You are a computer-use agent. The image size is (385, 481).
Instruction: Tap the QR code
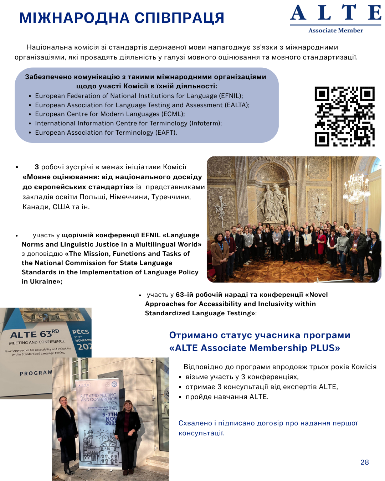344,116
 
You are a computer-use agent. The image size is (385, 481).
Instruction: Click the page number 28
364,462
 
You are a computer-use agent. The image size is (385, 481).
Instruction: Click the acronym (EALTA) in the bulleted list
237,105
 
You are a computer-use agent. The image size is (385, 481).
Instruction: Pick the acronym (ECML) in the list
173,114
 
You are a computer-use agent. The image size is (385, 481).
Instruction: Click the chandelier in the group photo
355,189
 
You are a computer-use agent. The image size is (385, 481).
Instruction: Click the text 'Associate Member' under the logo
335,31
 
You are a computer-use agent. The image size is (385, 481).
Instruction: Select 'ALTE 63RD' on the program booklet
35,334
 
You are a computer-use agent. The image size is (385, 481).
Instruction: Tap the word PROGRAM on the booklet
36,373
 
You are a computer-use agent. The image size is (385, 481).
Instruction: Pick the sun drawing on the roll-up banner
102,434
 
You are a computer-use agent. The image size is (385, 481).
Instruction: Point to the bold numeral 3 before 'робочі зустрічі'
37,167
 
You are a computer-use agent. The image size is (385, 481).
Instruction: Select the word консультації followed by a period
201,433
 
